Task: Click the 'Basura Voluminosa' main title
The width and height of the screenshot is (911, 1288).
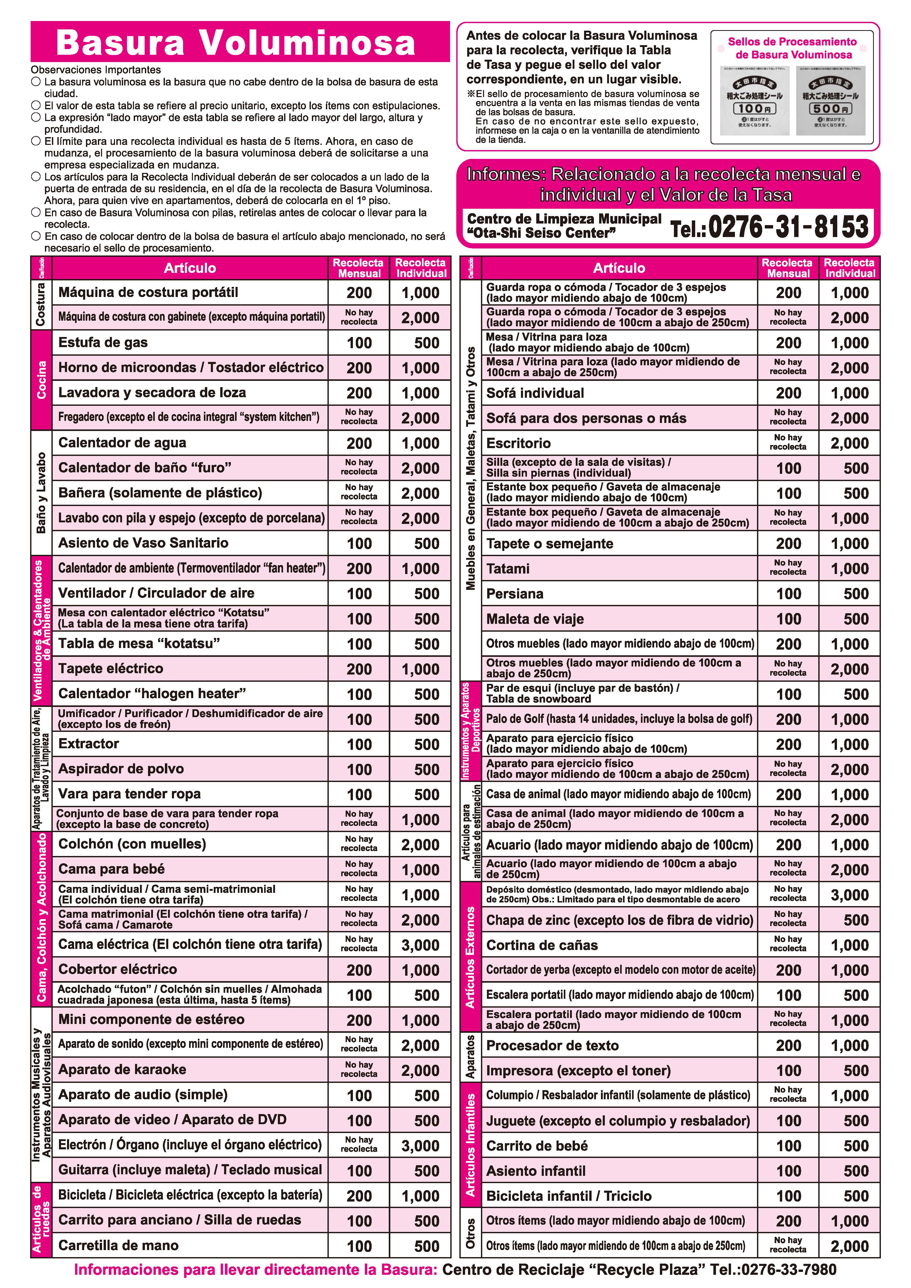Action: tap(236, 43)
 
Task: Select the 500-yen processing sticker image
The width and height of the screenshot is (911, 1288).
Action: tap(830, 101)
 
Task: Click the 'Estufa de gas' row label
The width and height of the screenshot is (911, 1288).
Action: tap(103, 342)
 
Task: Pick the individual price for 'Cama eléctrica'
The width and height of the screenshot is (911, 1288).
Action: tap(420, 945)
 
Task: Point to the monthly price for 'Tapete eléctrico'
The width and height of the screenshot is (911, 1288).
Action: tap(359, 669)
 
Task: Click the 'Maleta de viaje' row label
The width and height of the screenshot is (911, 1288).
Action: tap(535, 619)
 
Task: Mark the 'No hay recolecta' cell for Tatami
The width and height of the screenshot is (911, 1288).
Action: tap(788, 568)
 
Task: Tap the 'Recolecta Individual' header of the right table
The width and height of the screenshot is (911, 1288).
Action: tap(849, 268)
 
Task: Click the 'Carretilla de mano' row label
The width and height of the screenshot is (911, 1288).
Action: tap(118, 1246)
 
